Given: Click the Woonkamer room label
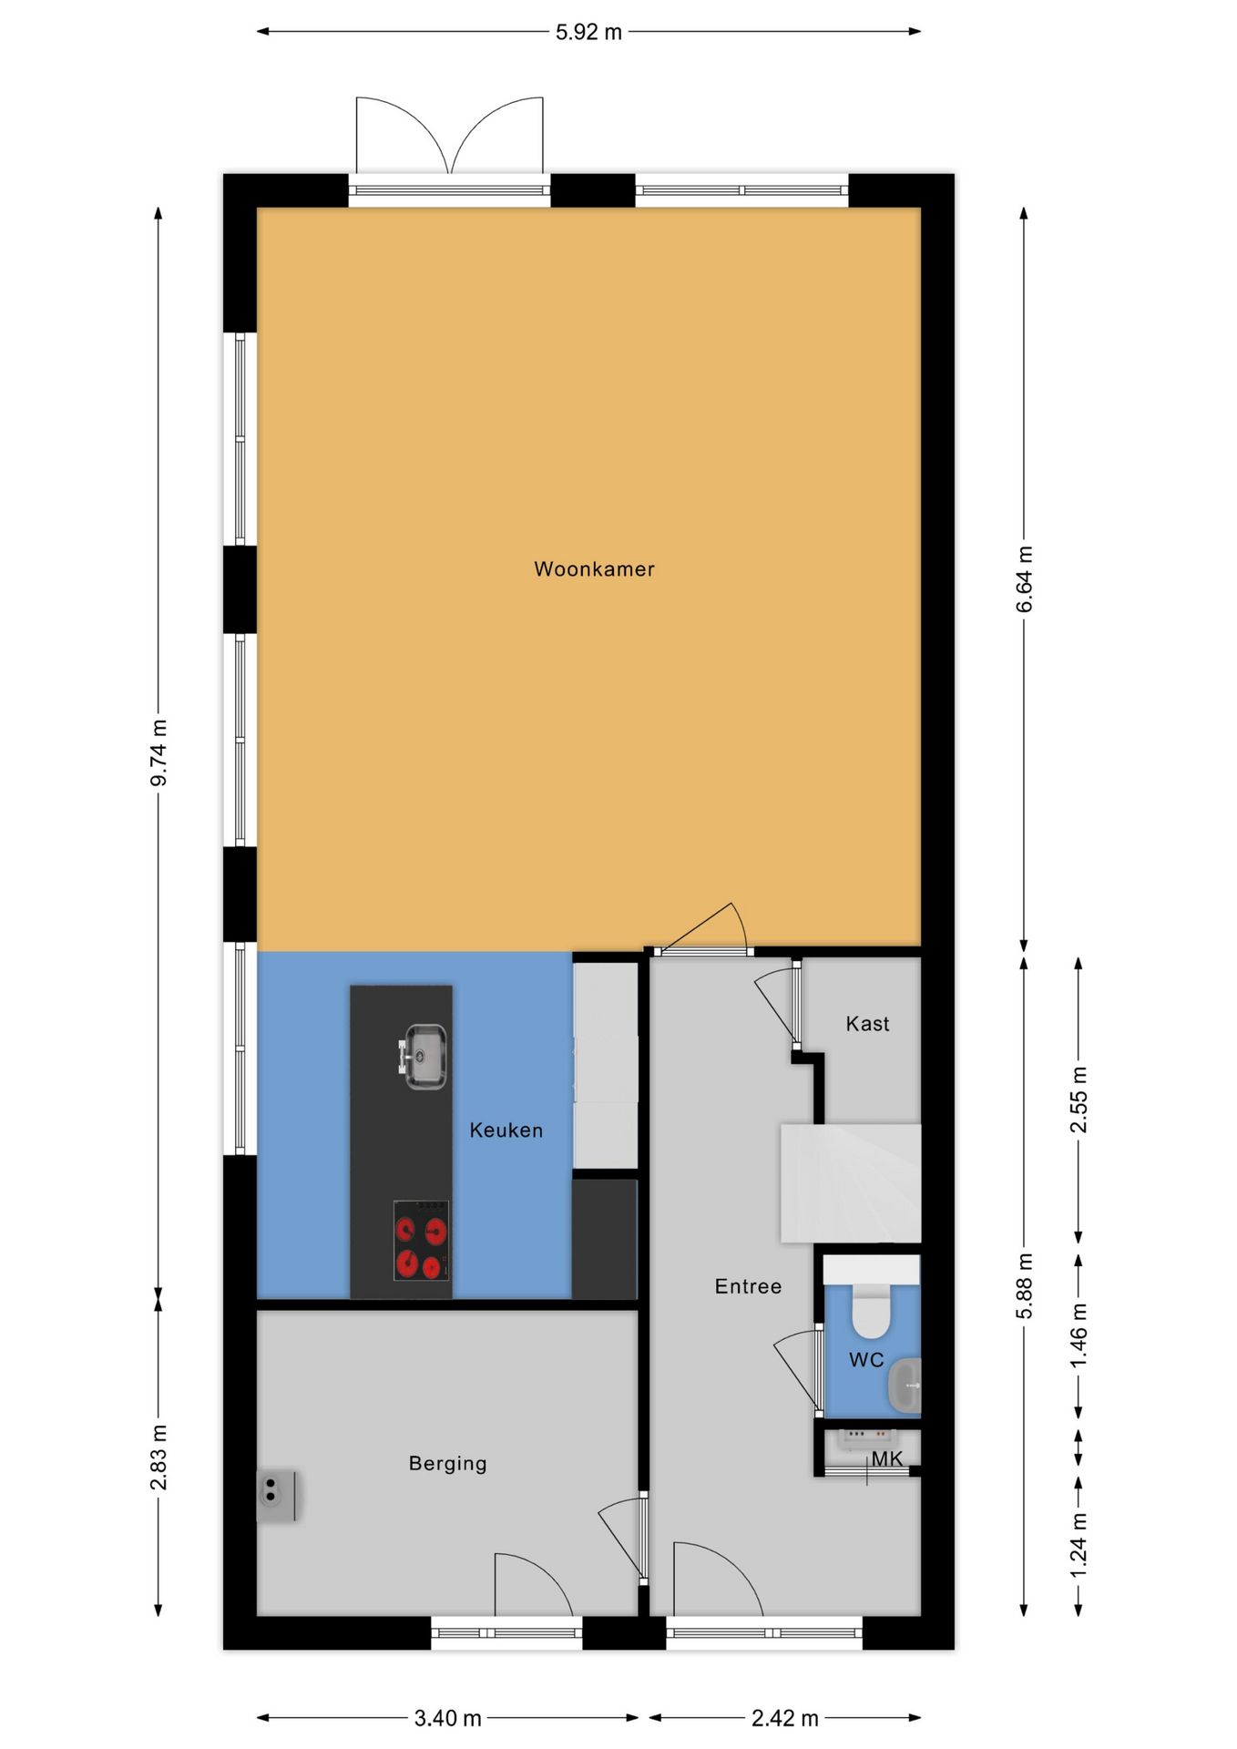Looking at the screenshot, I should pyautogui.click(x=594, y=569).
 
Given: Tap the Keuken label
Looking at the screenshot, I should pyautogui.click(x=506, y=1130).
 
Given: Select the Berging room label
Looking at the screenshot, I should pyautogui.click(x=447, y=1464).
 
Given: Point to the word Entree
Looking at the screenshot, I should pyautogui.click(x=748, y=1287).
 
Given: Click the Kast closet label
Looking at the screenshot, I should pyautogui.click(x=867, y=1024).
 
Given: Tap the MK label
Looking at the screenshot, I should pyautogui.click(x=886, y=1459).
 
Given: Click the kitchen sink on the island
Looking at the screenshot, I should pyautogui.click(x=424, y=1057).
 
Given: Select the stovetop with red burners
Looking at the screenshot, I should pyautogui.click(x=421, y=1240).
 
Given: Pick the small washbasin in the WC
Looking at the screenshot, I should pyautogui.click(x=905, y=1385).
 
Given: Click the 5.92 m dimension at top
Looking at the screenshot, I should pyautogui.click(x=588, y=32).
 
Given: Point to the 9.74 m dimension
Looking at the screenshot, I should pyautogui.click(x=158, y=752).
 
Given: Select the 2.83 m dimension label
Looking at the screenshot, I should pyautogui.click(x=158, y=1457).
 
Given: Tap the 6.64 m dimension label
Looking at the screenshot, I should pyautogui.click(x=1025, y=579).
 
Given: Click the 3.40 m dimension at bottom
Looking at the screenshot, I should pyautogui.click(x=447, y=1718).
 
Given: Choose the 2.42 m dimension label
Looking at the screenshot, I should pyautogui.click(x=784, y=1718).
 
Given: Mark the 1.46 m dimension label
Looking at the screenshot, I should pyautogui.click(x=1079, y=1335).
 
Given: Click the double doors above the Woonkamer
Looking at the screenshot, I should pyautogui.click(x=449, y=137).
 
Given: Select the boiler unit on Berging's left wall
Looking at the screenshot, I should pyautogui.click(x=275, y=1496).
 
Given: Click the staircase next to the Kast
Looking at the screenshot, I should pyautogui.click(x=851, y=1182).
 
